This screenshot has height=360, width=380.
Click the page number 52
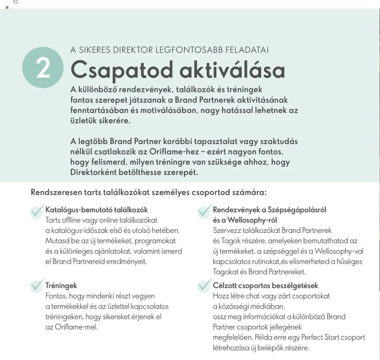pyautogui.click(x=15, y=2)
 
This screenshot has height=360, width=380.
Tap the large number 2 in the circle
pyautogui.click(x=43, y=68)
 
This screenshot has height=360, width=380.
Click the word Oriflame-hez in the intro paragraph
pyautogui.click(x=174, y=151)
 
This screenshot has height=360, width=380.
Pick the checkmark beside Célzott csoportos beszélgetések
pyautogui.click(x=205, y=285)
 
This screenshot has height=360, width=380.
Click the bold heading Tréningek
pyautogui.click(x=61, y=285)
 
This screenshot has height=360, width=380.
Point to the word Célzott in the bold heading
pyautogui.click(x=224, y=285)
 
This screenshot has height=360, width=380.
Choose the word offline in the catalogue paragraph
pyautogui.click(x=71, y=220)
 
